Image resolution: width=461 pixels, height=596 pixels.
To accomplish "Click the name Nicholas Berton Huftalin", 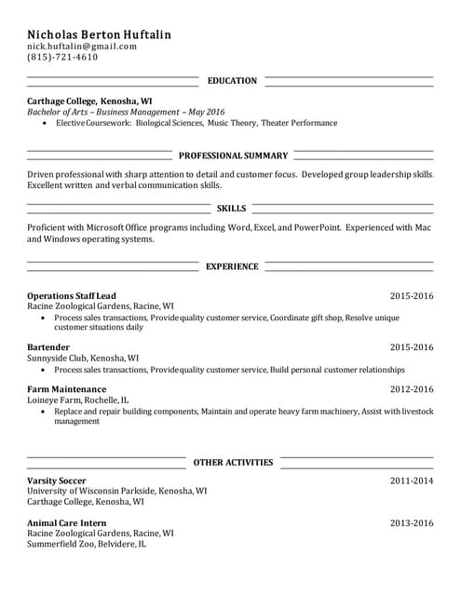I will tap(99, 34).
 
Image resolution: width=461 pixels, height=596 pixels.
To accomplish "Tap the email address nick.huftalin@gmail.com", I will tap(82, 46).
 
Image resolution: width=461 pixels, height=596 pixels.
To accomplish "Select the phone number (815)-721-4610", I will tap(61, 57).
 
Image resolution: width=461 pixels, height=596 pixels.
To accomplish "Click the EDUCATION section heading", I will tap(232, 81).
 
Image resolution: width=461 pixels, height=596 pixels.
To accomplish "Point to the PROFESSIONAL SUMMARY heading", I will tap(233, 156).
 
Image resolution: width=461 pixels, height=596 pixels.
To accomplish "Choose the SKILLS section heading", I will tap(231, 209).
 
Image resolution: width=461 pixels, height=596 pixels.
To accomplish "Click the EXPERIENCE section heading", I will tap(232, 266).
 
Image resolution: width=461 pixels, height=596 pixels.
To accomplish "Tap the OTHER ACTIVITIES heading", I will tap(233, 462).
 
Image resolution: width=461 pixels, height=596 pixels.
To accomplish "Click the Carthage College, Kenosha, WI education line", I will tap(89, 100).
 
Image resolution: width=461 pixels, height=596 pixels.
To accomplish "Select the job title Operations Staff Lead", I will tap(72, 295).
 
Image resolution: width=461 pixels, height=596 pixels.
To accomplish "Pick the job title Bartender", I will tap(48, 347).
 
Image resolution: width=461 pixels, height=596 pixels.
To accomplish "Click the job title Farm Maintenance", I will tap(66, 388).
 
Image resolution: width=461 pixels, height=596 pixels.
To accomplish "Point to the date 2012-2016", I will tap(412, 388).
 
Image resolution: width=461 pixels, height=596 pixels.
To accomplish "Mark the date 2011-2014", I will tap(412, 481).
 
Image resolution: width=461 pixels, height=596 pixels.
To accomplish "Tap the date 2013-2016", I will tap(412, 522).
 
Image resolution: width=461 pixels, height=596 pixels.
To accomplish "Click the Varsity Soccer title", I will tap(56, 481).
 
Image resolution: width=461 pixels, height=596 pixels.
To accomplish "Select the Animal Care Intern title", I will tap(66, 522).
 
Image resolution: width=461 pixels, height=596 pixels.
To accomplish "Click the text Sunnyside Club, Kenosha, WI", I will tap(83, 358).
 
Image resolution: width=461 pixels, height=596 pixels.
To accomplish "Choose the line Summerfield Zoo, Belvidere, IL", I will tap(87, 544).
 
